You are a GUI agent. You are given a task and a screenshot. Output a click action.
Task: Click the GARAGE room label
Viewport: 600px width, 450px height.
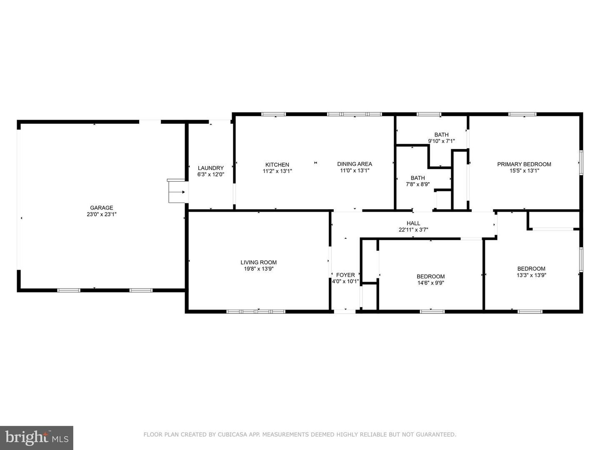coord(101,207)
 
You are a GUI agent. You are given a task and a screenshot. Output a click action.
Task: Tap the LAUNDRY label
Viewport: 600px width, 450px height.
coord(211,168)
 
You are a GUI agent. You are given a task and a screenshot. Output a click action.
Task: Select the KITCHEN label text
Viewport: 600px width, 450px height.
coord(277,165)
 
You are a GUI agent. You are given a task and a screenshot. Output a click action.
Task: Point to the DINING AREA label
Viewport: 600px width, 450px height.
coord(355,164)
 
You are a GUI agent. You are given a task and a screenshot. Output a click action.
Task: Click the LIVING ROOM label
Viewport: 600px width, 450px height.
coord(259,262)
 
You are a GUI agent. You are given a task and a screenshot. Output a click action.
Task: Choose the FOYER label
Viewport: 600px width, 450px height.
coord(345,275)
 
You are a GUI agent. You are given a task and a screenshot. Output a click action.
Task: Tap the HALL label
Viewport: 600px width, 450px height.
coord(413,223)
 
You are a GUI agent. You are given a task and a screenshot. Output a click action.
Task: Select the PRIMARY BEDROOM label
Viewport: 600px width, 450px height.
coord(524,164)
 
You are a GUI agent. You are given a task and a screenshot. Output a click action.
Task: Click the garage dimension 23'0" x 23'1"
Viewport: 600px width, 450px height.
coord(101,214)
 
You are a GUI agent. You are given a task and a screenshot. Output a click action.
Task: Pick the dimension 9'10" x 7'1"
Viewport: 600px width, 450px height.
coord(441,141)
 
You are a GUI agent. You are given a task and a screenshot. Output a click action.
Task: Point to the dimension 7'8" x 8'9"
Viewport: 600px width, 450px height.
coord(417,184)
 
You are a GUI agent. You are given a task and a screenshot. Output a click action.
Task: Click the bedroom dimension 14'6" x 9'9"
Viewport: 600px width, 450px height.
coord(430,283)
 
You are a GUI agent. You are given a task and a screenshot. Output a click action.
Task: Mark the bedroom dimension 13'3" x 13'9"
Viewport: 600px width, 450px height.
coord(531,275)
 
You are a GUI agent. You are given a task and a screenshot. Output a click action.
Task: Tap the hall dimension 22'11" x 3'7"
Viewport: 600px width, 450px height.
coord(413,230)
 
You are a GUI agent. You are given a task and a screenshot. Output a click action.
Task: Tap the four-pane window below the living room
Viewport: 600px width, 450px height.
coord(256,312)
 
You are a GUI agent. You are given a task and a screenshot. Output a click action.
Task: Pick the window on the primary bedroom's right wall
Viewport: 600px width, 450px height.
coord(581,162)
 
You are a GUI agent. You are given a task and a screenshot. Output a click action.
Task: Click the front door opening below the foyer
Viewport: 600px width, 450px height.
coord(345,312)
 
